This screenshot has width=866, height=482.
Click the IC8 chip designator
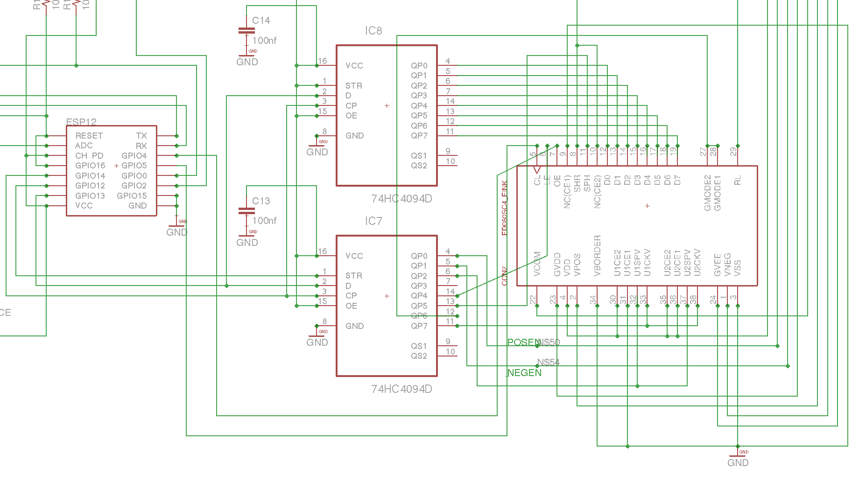point(373,31)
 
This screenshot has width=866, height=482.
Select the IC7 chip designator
point(373,221)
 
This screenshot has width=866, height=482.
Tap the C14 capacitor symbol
point(246,31)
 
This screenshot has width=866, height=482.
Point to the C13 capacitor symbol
point(246,211)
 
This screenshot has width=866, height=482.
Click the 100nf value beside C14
point(264,41)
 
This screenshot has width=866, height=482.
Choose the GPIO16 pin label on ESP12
point(90,166)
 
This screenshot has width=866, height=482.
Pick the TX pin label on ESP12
point(141,136)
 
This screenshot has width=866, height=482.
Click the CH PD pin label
point(89,156)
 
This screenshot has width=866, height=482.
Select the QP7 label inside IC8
point(419,136)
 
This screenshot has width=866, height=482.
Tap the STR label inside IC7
point(353,276)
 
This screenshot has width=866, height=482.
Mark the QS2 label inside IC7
point(419,356)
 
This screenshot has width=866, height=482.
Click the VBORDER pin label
point(598,256)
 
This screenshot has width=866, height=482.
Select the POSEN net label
point(523,342)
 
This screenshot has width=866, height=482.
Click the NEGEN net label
point(524,373)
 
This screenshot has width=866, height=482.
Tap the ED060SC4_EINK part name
point(504,208)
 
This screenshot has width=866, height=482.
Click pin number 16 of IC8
point(322,61)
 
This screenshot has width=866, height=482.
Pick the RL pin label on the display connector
point(738,181)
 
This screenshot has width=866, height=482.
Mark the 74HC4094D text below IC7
point(401,389)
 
